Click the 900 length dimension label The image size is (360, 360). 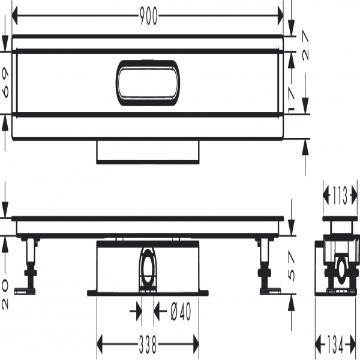pyautogui.click(x=148, y=16)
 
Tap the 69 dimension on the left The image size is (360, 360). pyautogui.click(x=5, y=83)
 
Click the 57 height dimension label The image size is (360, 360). pyautogui.click(x=291, y=266)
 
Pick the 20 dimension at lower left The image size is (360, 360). pyautogui.click(x=5, y=294)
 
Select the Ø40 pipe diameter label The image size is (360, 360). pyautogui.click(x=181, y=311)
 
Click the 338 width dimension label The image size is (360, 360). pyautogui.click(x=148, y=344)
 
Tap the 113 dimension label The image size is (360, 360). pyautogui.click(x=339, y=196)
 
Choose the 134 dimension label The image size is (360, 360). pyautogui.click(x=335, y=344)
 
